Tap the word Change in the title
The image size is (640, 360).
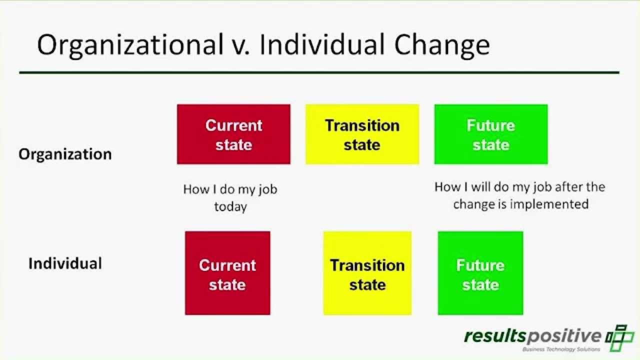442,45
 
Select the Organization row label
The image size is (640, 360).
65,154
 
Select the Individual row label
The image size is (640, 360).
65,263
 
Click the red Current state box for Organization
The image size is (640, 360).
233,134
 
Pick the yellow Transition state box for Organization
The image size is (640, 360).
362,134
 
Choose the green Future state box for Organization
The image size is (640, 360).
490,134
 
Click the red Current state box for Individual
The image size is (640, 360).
227,273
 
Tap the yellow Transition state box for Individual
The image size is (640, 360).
367,273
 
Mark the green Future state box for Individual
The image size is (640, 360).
480,273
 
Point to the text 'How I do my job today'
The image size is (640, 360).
230,197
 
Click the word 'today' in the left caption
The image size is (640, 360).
230,206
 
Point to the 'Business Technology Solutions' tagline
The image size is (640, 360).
561,349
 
